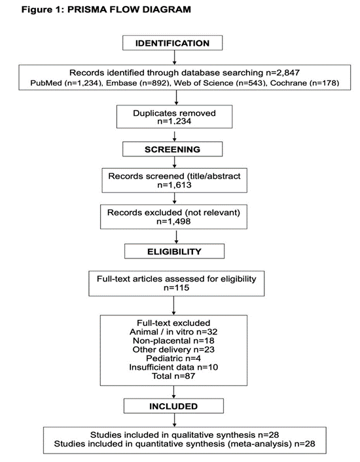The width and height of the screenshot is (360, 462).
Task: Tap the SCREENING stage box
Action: pos(172,149)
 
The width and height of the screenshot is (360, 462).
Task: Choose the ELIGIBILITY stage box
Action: pos(172,251)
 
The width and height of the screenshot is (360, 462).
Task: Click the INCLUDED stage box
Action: pos(172,406)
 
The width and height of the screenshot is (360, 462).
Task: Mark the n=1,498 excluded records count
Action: pos(172,221)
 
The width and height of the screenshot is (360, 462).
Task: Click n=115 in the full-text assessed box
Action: pos(173,287)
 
